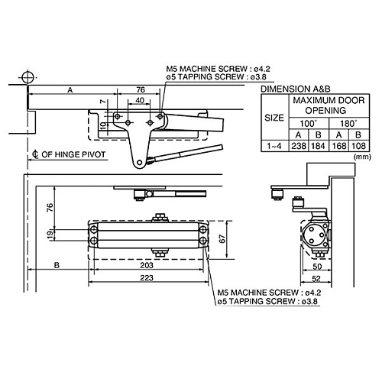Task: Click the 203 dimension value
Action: [x=148, y=265]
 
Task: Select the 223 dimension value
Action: [x=148, y=277]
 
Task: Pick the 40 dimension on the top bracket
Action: [x=138, y=100]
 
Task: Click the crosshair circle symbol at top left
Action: [x=28, y=77]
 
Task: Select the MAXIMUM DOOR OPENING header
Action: [x=323, y=105]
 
